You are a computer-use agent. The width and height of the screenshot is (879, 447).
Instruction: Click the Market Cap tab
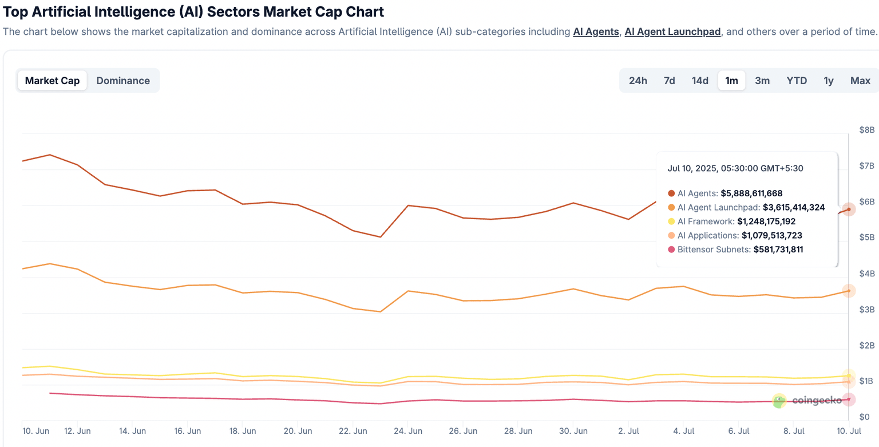tap(52, 81)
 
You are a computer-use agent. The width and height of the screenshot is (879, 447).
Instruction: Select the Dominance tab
tap(123, 81)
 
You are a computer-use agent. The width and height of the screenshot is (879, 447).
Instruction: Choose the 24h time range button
tap(638, 81)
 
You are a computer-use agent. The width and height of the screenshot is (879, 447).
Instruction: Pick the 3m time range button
tap(762, 81)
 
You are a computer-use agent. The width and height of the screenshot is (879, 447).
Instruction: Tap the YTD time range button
tap(797, 81)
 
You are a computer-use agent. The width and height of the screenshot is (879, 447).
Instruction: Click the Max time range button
tap(860, 81)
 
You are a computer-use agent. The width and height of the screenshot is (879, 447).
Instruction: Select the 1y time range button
tap(828, 81)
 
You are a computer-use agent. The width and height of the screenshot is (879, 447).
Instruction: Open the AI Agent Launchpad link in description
tap(672, 32)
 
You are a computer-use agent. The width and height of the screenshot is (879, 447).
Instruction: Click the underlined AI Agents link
tap(596, 32)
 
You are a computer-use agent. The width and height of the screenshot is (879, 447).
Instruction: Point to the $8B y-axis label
tap(867, 130)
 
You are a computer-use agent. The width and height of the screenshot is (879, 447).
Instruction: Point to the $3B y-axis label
tap(867, 310)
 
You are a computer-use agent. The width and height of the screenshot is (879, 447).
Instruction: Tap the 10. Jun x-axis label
tap(35, 430)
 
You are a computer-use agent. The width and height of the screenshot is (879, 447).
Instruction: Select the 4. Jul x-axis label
tap(685, 430)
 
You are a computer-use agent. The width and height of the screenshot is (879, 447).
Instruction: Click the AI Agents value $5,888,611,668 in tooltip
tap(751, 193)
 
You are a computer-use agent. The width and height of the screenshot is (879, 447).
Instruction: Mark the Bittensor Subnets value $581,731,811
tap(778, 250)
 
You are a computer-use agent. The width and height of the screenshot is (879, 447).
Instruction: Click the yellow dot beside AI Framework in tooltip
tap(671, 221)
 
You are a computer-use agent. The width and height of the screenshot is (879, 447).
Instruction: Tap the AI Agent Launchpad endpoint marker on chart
tap(849, 291)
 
